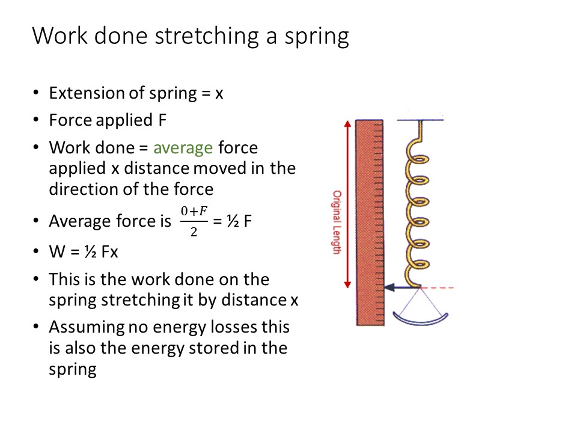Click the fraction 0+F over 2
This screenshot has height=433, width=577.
(194, 221)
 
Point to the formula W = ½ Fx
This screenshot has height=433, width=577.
(84, 251)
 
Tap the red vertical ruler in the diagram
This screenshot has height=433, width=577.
(369, 223)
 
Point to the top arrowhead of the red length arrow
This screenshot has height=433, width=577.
(347, 124)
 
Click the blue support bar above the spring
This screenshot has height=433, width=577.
(420, 120)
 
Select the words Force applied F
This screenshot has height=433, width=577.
(108, 120)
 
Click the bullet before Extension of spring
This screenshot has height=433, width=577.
(36, 94)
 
